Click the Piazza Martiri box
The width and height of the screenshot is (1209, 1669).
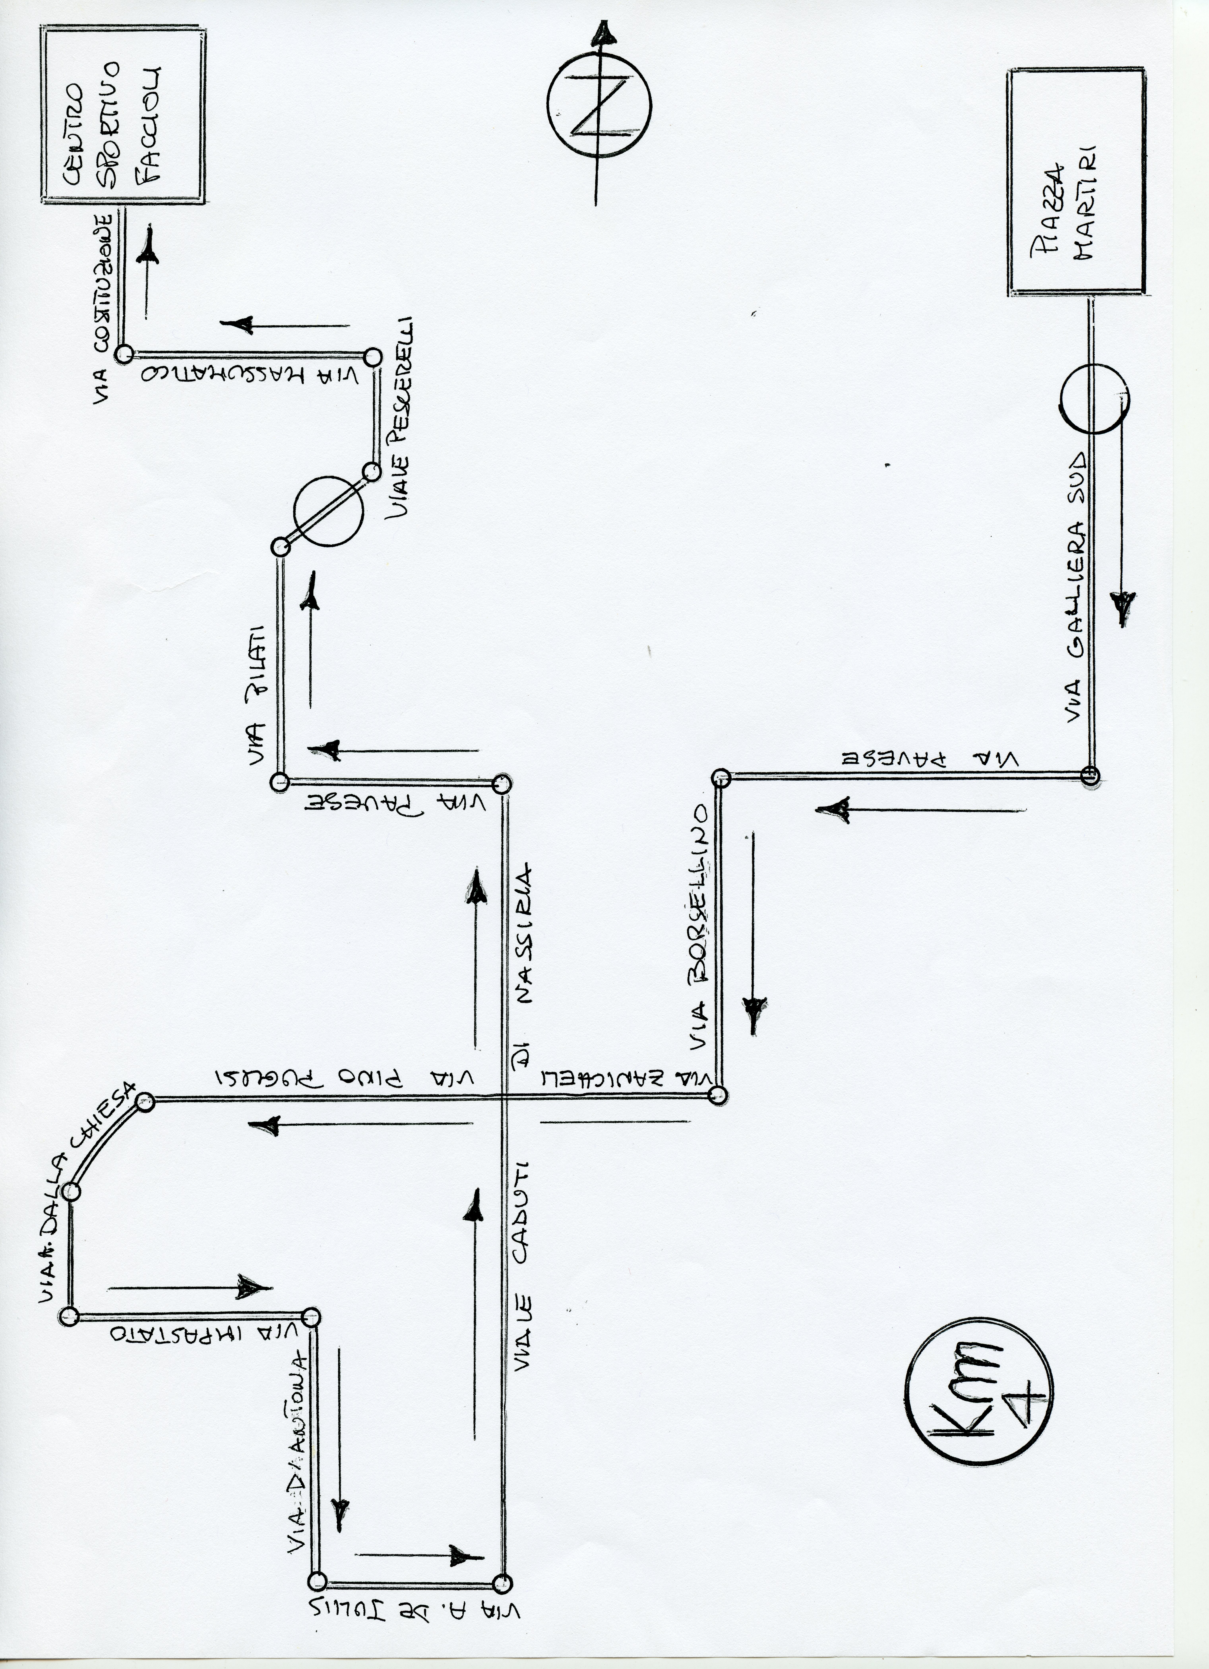(x=1076, y=181)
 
